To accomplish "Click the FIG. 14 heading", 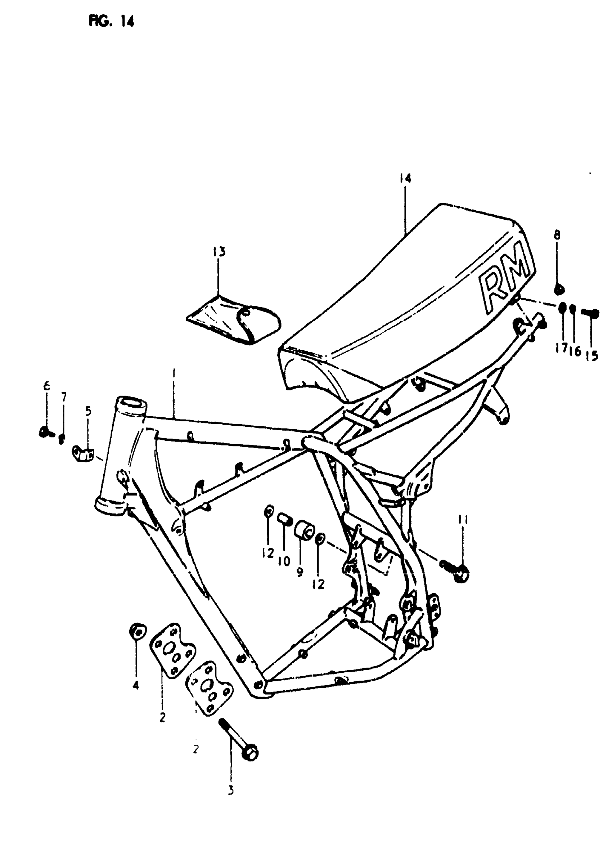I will point(111,22).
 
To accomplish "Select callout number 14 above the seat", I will point(405,178).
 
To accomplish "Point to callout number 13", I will point(219,251).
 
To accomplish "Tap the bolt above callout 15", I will point(590,312).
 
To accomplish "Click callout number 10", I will point(284,561).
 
